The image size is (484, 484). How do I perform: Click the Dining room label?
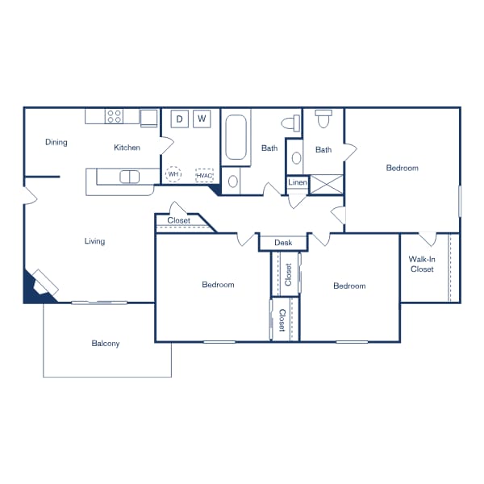(56, 143)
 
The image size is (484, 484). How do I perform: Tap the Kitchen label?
(127, 148)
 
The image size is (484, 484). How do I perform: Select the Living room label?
(94, 241)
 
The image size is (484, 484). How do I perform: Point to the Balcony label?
(106, 344)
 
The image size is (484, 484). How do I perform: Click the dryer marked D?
(179, 119)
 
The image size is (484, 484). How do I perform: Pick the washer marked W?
(202, 119)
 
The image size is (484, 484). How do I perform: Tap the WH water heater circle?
(173, 173)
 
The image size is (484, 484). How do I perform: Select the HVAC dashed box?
(204, 175)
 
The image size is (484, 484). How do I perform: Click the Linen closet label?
(297, 184)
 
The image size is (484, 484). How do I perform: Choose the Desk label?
(282, 243)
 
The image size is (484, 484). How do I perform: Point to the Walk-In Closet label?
(422, 264)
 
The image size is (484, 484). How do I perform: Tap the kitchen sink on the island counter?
(128, 177)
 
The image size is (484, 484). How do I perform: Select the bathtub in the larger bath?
(236, 137)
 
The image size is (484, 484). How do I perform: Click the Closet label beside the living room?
(179, 220)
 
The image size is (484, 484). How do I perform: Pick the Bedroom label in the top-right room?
(402, 168)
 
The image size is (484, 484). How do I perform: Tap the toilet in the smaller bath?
(323, 119)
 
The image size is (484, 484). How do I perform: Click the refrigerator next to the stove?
(149, 119)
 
